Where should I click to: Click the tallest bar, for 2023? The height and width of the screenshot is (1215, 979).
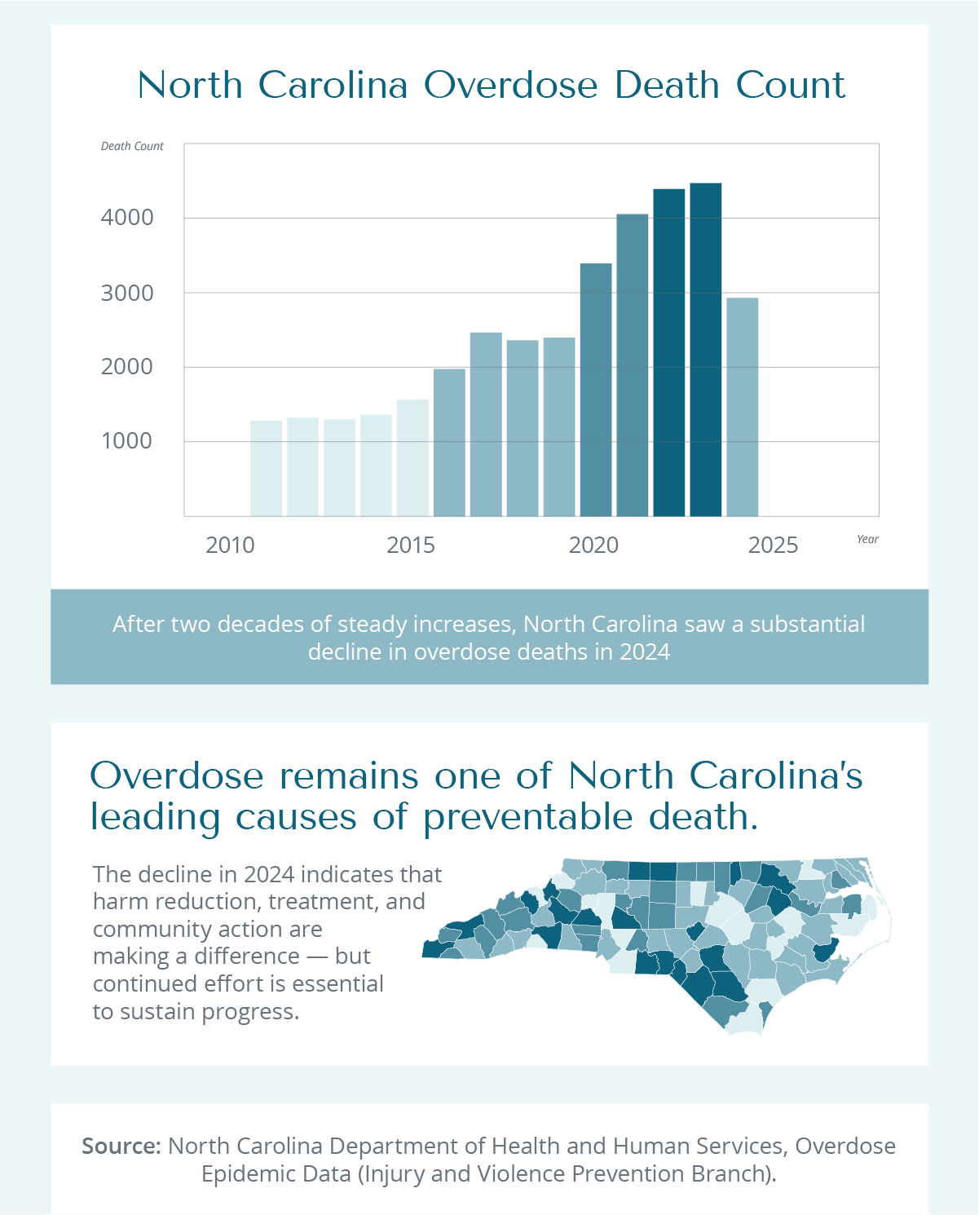tap(705, 350)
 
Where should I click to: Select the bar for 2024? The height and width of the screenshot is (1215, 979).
tap(742, 407)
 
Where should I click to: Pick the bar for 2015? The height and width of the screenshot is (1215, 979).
tap(412, 457)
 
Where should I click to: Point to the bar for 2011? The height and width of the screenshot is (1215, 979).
tap(266, 468)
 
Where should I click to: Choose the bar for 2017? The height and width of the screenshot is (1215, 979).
tap(486, 424)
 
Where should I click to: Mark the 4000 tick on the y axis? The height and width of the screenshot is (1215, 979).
tap(127, 218)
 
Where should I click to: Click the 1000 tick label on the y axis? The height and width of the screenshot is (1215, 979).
tap(127, 441)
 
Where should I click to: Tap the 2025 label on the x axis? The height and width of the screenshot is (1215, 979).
tap(773, 545)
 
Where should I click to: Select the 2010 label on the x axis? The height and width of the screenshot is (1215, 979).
tap(230, 545)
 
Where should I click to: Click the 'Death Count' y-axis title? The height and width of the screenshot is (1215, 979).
tap(132, 146)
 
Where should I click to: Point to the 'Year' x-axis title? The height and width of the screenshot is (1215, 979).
tap(867, 539)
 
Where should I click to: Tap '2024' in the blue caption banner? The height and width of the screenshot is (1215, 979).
tap(645, 652)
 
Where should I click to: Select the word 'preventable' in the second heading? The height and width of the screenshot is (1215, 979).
tap(527, 817)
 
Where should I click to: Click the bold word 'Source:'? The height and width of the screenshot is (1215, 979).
tap(121, 1146)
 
